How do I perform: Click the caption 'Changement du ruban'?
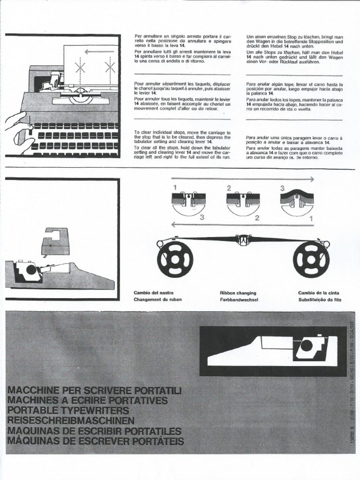pyautogui.click(x=157, y=299)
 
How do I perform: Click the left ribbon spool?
pyautogui.click(x=175, y=259)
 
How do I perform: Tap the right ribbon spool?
pyautogui.click(x=311, y=259)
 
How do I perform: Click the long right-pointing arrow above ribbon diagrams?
pyautogui.click(x=242, y=179)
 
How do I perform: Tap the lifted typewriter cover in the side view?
pyautogui.click(x=55, y=241)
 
